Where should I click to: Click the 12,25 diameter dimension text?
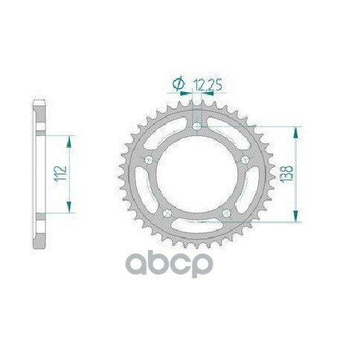point(208,85)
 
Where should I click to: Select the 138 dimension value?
point(286,174)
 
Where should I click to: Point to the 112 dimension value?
point(61,173)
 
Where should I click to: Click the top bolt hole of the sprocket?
point(197,126)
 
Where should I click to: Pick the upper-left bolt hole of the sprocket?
point(149,160)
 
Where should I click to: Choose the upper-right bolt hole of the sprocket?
point(245,159)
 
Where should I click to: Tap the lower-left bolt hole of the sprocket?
point(167,213)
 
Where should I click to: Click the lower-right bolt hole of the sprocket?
point(226,212)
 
